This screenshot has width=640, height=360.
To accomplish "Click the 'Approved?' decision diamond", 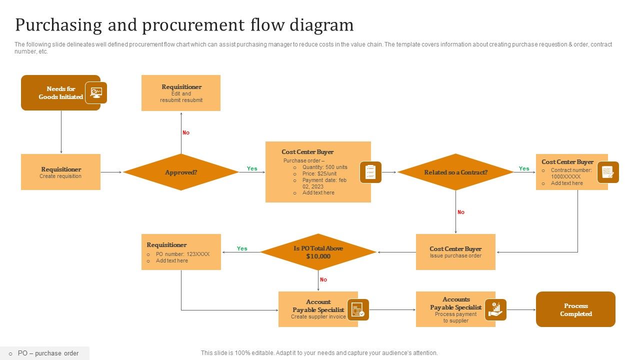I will pyautogui.click(x=181, y=172).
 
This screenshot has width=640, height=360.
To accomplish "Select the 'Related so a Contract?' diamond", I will pyautogui.click(x=455, y=172).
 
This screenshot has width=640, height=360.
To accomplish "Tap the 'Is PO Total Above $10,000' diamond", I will pyautogui.click(x=318, y=252).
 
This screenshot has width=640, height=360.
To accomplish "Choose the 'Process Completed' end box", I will pyautogui.click(x=575, y=309).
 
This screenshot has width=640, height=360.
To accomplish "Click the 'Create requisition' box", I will pyautogui.click(x=60, y=172).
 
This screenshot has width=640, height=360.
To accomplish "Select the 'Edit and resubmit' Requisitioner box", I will pyautogui.click(x=181, y=93).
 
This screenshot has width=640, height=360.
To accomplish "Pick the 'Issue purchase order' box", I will pyautogui.click(x=455, y=252).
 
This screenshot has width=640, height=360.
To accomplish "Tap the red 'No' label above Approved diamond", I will pyautogui.click(x=186, y=132).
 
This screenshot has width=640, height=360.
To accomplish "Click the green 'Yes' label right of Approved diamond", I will pyautogui.click(x=252, y=168).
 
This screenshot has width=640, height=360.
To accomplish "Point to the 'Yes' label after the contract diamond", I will pyautogui.click(x=524, y=168).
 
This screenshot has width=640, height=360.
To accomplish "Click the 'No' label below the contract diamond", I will pyautogui.click(x=461, y=212).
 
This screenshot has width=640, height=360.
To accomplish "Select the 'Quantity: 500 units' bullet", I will pyautogui.click(x=324, y=167).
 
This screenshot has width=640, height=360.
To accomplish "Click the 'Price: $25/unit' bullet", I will pyautogui.click(x=319, y=173).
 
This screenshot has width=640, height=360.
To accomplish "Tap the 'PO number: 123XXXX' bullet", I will pyautogui.click(x=182, y=254).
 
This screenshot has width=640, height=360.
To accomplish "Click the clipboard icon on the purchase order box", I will pyautogui.click(x=370, y=172).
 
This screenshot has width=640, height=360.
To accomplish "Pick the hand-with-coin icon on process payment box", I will pyautogui.click(x=495, y=309).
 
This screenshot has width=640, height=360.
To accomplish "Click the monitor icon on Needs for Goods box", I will pyautogui.click(x=96, y=92).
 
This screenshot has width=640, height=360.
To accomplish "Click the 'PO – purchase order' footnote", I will pyautogui.click(x=48, y=353).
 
